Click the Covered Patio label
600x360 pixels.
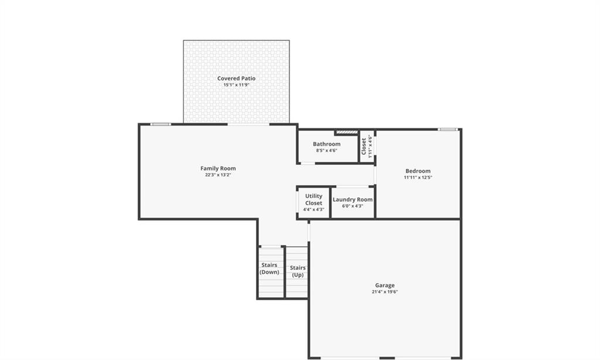[236, 78]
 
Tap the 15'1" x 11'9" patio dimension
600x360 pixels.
[236, 84]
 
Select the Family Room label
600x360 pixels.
[218, 168]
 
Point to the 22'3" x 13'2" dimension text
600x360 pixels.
[218, 175]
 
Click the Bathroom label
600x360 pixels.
[326, 144]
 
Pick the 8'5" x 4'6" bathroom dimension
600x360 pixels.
[326, 151]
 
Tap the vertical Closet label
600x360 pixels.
[364, 147]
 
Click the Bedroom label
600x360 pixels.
[418, 171]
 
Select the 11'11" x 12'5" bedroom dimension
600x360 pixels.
[418, 177]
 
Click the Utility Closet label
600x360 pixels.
[313, 199]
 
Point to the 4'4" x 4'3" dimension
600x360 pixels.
[313, 209]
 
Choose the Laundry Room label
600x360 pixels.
[352, 199]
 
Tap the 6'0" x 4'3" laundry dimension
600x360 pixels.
[352, 206]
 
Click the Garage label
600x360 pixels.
[384, 286]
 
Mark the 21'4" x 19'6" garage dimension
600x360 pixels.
[384, 292]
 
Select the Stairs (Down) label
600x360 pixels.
[270, 269]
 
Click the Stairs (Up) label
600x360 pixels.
[298, 271]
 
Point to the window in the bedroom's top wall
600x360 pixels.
[448, 130]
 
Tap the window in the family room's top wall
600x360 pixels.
[161, 124]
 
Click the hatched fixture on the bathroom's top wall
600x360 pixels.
[347, 132]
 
